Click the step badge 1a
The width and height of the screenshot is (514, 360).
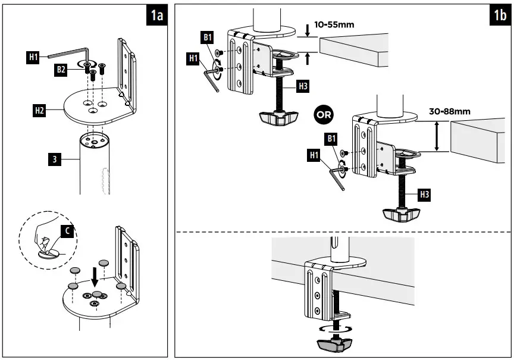coord(156,15)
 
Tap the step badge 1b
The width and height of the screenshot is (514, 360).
coord(500,15)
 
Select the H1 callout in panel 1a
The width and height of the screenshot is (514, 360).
coord(33,57)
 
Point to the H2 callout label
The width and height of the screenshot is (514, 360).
coord(40,109)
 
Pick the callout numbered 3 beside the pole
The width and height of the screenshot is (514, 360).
coord(54,159)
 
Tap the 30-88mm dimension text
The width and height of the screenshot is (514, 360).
coord(449,111)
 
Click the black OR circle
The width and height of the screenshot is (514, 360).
coord(327,113)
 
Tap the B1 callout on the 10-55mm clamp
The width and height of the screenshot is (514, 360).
coord(208,38)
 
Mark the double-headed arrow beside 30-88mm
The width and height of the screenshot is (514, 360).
coord(438,136)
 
